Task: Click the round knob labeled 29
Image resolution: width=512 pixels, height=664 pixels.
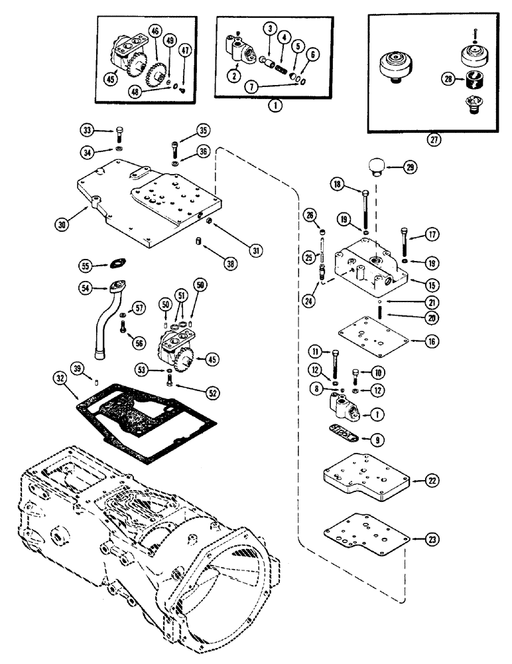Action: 383,166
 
